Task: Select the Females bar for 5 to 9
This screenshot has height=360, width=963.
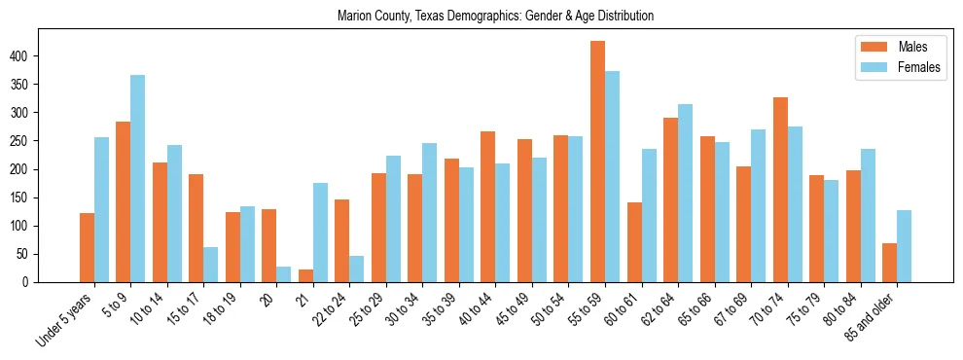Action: (x=138, y=179)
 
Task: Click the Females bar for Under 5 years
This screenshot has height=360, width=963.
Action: (x=101, y=210)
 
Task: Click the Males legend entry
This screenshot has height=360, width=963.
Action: (x=890, y=47)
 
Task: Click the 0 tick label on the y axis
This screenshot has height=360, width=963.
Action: (x=31, y=282)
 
